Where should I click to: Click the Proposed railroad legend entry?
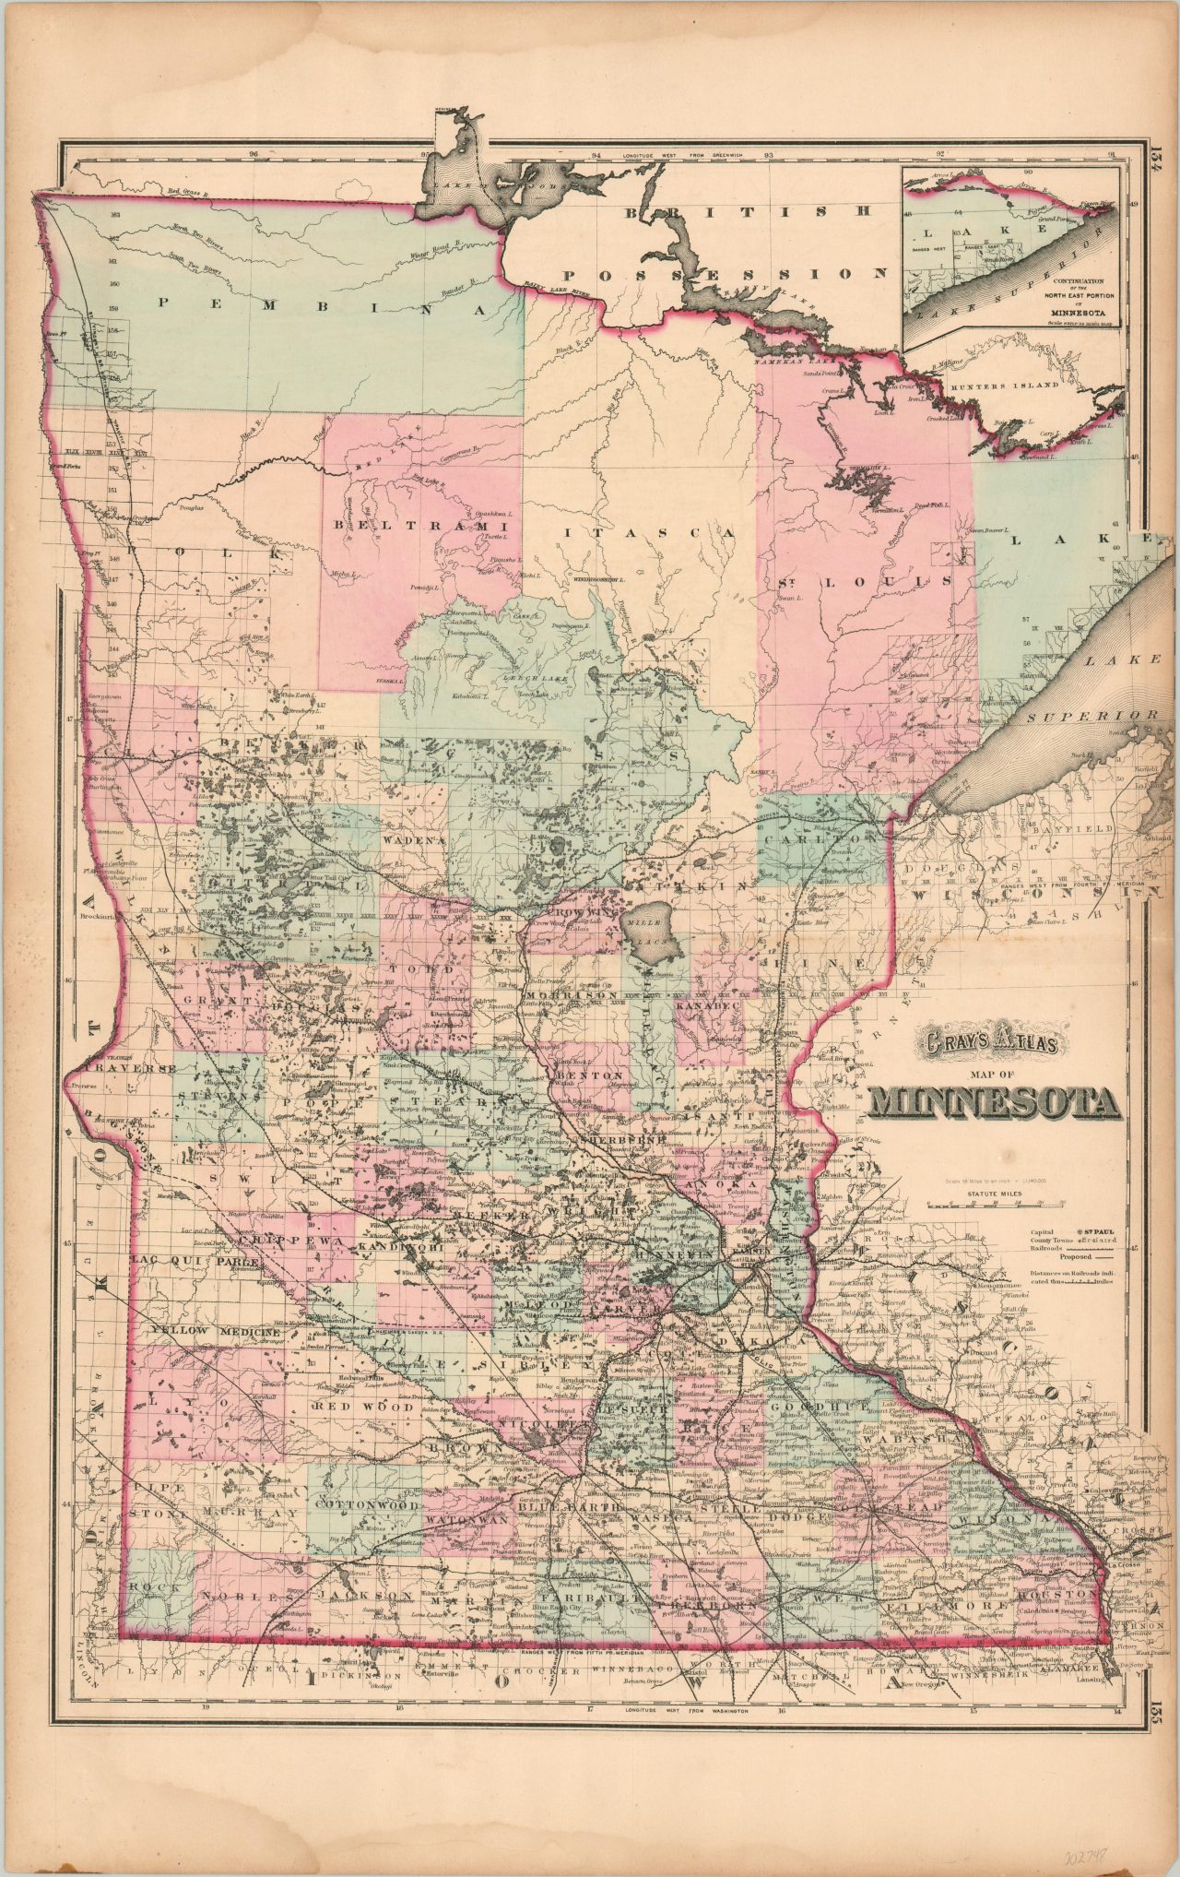(1077, 1256)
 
